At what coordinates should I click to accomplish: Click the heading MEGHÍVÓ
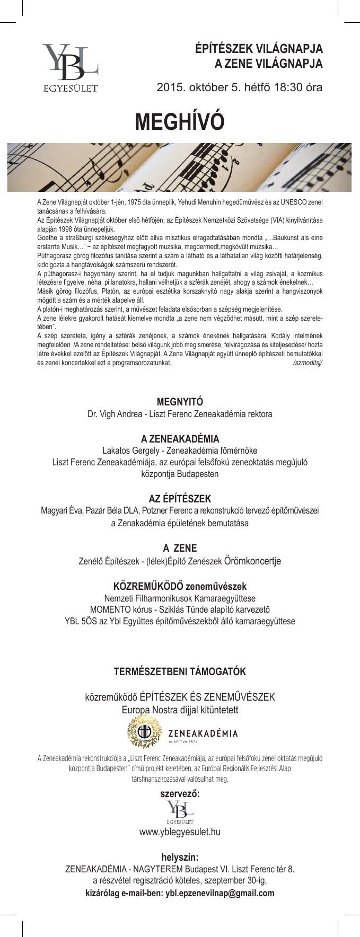click(x=180, y=121)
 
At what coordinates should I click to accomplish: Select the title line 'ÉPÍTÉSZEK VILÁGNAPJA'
click(x=259, y=50)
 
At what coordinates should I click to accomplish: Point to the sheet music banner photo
click(x=180, y=167)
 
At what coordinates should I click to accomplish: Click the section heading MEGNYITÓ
click(x=180, y=402)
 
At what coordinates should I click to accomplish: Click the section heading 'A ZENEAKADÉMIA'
click(x=180, y=439)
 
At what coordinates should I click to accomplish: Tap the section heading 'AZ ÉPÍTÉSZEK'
click(x=180, y=499)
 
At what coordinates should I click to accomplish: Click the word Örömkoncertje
click(x=252, y=560)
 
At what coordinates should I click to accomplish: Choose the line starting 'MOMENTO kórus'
click(x=180, y=609)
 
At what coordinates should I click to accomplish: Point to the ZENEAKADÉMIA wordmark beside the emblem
click(x=203, y=733)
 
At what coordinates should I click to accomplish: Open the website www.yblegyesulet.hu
click(x=180, y=832)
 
